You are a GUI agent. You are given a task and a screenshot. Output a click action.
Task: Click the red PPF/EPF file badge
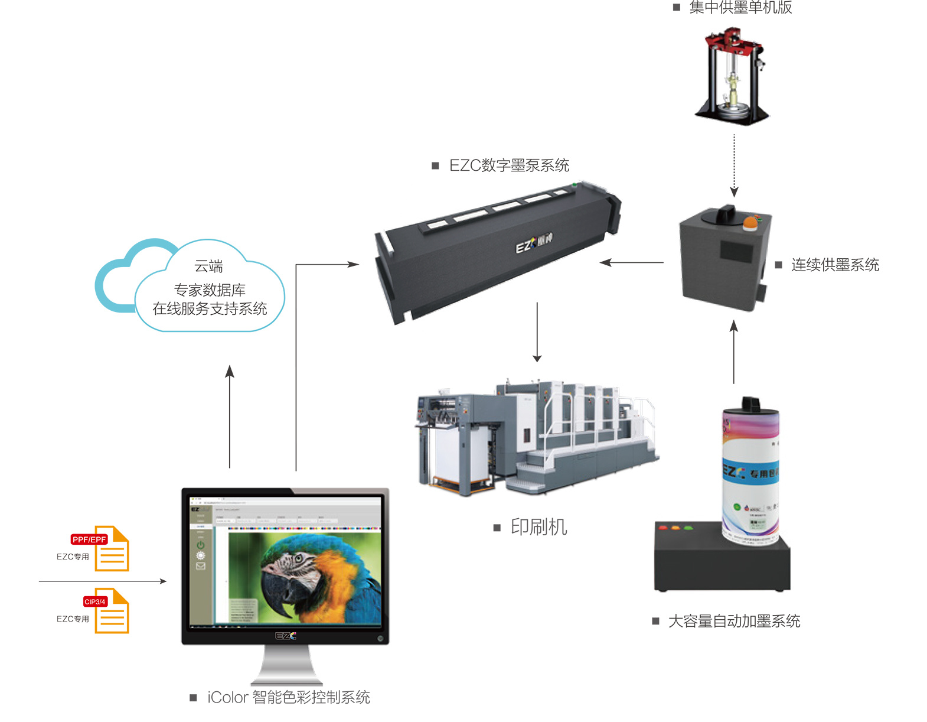[89, 539]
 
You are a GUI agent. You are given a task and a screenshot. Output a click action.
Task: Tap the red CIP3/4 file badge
[95, 601]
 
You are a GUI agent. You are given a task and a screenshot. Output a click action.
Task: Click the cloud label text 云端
[209, 266]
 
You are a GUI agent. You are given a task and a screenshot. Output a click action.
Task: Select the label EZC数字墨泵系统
[509, 165]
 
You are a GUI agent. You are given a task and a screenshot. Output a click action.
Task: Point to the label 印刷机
[538, 526]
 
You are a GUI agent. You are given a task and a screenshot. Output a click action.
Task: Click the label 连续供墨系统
[835, 265]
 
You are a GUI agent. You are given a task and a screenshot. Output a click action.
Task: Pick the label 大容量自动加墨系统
[734, 621]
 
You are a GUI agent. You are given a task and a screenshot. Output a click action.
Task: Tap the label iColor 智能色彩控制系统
[288, 697]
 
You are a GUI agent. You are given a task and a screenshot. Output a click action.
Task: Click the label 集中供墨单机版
[740, 8]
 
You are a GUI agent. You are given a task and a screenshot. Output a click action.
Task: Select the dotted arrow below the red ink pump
[734, 165]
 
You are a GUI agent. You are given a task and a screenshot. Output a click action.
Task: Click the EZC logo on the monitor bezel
[286, 636]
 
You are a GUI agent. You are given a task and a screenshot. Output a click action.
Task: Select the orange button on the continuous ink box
[750, 222]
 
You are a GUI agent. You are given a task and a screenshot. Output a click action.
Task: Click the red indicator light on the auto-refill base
[662, 527]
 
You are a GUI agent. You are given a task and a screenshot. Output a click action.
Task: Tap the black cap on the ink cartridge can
[750, 405]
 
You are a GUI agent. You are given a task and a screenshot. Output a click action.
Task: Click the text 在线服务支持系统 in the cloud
[210, 308]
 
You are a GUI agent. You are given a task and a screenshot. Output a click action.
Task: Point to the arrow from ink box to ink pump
[632, 262]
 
